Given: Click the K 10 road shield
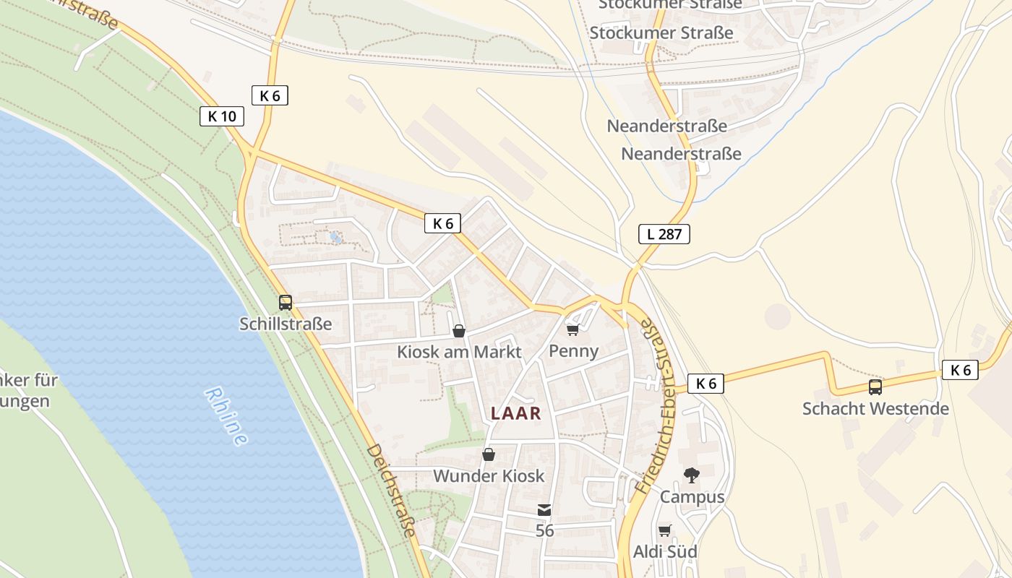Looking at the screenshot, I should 222,116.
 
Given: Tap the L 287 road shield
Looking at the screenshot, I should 664,234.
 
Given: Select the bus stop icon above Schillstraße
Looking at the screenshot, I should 286,303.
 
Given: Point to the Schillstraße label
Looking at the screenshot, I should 286,324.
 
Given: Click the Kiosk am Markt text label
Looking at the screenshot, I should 459,353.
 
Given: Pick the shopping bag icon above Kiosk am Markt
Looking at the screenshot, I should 458,331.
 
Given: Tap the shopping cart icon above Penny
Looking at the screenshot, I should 573,330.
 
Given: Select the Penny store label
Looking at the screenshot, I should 574,351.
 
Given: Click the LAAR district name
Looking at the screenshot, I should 516,413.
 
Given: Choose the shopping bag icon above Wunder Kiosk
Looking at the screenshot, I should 489,455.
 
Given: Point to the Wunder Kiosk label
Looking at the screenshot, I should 489,476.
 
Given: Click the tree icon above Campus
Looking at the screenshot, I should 692,475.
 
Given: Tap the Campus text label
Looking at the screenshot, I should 692,497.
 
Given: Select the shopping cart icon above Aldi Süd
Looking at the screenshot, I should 665,531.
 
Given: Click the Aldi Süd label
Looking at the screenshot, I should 665,552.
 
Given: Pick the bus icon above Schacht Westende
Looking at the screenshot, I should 875,387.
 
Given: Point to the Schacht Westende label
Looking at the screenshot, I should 875,409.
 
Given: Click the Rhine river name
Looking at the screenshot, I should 226,415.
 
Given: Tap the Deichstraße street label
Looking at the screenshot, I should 391,491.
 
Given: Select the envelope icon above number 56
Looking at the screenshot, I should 544,510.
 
